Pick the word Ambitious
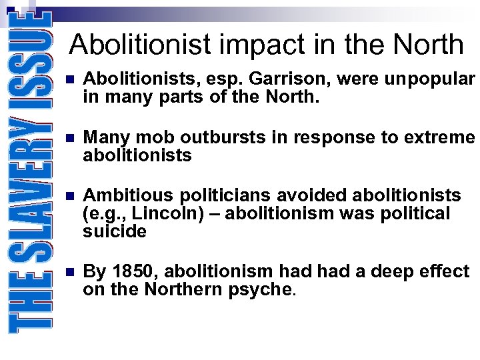pyautogui.click(x=125, y=195)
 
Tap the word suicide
pyautogui.click(x=115, y=231)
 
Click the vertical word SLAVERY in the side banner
pyautogui.click(x=29, y=190)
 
